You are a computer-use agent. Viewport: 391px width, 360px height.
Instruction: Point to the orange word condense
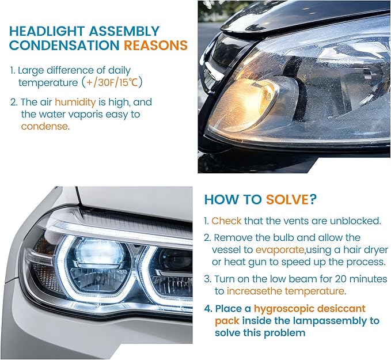[x=44, y=126]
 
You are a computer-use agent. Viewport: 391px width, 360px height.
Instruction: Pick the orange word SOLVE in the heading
[x=287, y=199]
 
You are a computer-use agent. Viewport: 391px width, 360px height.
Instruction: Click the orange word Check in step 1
[x=226, y=221]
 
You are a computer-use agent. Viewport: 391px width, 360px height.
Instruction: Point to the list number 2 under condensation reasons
[x=14, y=102]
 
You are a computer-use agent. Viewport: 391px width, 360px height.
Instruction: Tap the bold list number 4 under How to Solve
[x=208, y=308]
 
